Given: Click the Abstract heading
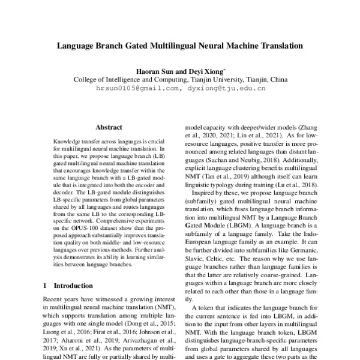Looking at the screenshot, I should click(x=109, y=127).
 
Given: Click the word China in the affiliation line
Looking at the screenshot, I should click(x=277, y=79).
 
